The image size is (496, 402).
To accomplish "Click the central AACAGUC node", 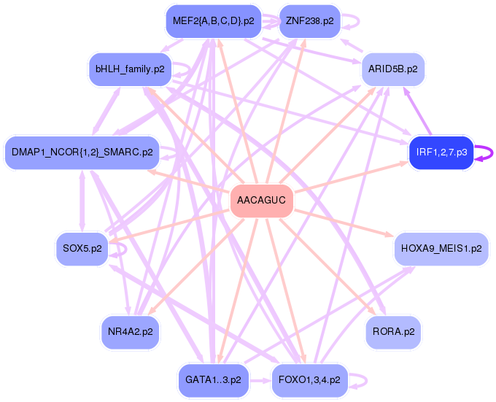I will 262,201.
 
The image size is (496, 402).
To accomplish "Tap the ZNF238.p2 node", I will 309,20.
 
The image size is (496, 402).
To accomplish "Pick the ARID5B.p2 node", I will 392,69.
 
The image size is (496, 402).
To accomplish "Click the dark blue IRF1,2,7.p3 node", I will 441,152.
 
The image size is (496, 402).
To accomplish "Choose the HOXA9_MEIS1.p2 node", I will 441,249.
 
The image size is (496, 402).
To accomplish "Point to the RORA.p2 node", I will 393,331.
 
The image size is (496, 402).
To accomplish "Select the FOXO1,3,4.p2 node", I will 309,380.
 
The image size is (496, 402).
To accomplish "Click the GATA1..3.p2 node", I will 213,380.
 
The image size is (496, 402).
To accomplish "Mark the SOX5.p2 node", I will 82,249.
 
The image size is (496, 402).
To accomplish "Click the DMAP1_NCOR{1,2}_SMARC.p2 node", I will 82,152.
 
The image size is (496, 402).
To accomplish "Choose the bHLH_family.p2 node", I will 129,69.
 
